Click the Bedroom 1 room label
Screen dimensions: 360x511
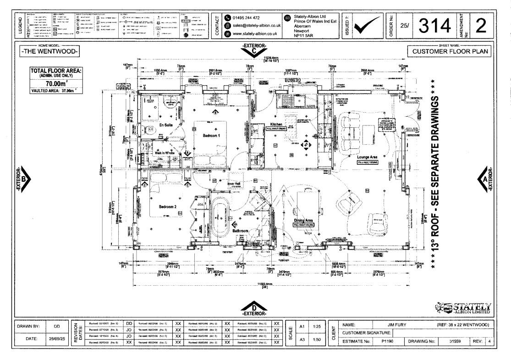212,136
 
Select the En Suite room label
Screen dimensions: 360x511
165,125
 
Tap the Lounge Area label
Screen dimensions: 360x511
368,157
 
